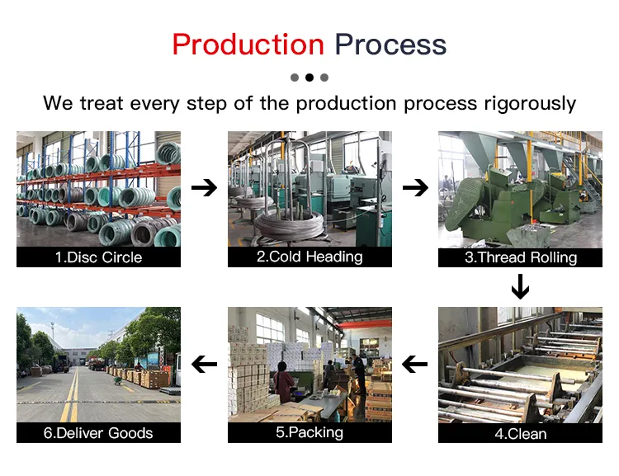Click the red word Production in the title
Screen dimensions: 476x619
point(248,45)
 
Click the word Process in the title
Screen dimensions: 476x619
point(390,45)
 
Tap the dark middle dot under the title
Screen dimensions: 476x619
point(309,78)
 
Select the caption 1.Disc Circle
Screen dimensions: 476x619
point(98,257)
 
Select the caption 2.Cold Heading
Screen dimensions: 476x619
point(309,257)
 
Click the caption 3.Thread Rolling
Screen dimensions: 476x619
point(520,257)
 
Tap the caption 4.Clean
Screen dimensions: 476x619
point(520,433)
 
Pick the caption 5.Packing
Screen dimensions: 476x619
point(309,432)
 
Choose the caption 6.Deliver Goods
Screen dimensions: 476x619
point(98,433)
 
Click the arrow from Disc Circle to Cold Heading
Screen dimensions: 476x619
point(204,188)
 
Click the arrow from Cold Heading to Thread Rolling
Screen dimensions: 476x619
point(415,188)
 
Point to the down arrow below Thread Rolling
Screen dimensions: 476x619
point(520,287)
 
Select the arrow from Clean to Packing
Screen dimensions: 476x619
point(415,363)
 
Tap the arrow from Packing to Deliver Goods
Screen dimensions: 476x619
point(204,363)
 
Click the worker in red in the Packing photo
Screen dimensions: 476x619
point(285,382)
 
